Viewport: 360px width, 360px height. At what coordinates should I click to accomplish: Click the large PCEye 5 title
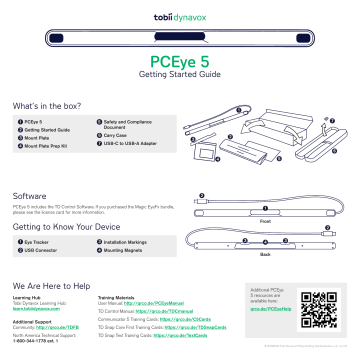[180, 60]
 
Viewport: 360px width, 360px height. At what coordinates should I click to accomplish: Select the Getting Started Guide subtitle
[180, 74]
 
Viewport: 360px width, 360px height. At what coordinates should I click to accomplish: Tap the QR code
[319, 311]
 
